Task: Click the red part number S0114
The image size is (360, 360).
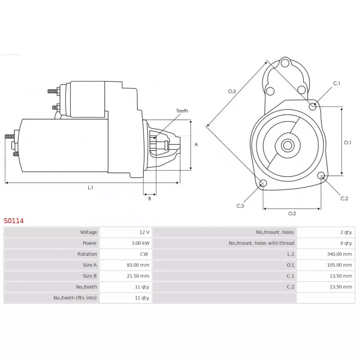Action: (x=13, y=221)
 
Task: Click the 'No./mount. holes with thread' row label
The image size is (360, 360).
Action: (x=261, y=243)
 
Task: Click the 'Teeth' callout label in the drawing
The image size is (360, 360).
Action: (x=182, y=111)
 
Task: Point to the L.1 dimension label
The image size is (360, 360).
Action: (x=90, y=188)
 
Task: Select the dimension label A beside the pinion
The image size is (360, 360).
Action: (x=196, y=144)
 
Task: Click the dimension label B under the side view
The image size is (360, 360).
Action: (x=150, y=198)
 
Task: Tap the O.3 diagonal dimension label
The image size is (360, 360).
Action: (x=232, y=91)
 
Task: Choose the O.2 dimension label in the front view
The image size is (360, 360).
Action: (x=292, y=213)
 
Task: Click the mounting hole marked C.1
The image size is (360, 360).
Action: (x=313, y=106)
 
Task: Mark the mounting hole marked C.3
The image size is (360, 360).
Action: (x=264, y=183)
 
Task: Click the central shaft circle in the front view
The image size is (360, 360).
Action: (x=288, y=145)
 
